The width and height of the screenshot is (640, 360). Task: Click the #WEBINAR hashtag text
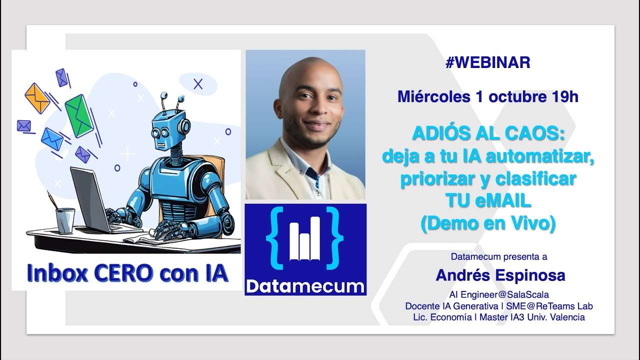point(487,62)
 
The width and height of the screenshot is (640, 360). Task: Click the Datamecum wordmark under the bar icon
point(305,286)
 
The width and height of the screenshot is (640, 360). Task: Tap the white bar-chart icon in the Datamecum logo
point(305,240)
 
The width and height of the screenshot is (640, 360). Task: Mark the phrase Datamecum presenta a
point(498,257)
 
